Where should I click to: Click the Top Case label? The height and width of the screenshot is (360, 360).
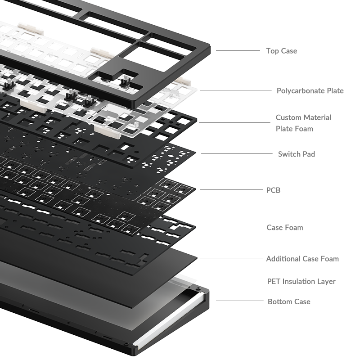(282, 51)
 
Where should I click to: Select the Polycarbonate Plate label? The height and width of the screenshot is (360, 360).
(310, 91)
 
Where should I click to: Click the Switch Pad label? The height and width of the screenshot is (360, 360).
(297, 154)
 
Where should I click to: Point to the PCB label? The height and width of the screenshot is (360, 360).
(273, 190)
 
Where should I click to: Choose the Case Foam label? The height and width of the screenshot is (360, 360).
(285, 228)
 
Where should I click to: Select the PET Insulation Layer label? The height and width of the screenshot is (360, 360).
(301, 282)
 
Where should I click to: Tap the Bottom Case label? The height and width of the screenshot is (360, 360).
(289, 301)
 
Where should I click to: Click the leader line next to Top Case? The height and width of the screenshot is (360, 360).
(238, 51)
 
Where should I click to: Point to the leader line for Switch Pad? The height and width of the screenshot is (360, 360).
(237, 154)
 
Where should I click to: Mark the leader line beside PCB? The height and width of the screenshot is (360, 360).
(232, 189)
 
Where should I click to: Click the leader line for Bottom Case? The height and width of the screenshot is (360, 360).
(240, 301)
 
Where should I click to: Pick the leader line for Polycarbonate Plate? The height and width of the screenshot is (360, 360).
(236, 90)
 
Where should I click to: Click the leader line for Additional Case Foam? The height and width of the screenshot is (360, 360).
(232, 258)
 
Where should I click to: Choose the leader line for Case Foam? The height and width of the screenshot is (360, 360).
(232, 227)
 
